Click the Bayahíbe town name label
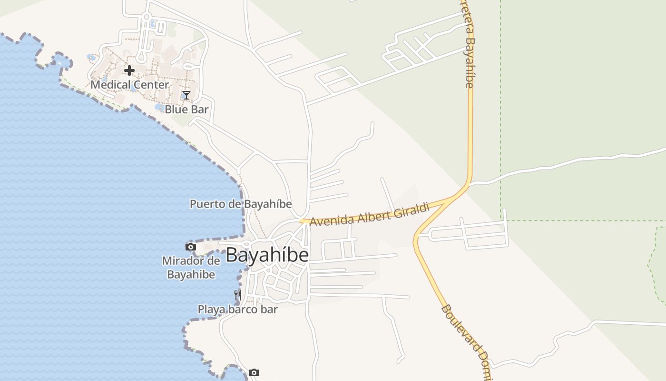(x=267, y=255)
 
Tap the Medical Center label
(x=129, y=85)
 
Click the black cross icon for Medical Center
(x=129, y=70)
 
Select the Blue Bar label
(x=186, y=109)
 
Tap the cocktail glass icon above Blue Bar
(x=186, y=95)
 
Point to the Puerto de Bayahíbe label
(x=241, y=204)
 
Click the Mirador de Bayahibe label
(x=191, y=268)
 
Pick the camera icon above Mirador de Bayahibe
(x=191, y=247)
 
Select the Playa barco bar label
(x=237, y=310)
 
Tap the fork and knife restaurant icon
(x=237, y=295)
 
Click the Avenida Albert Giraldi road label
(x=370, y=214)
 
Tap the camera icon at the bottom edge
(x=254, y=372)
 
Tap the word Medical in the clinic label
(x=109, y=85)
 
